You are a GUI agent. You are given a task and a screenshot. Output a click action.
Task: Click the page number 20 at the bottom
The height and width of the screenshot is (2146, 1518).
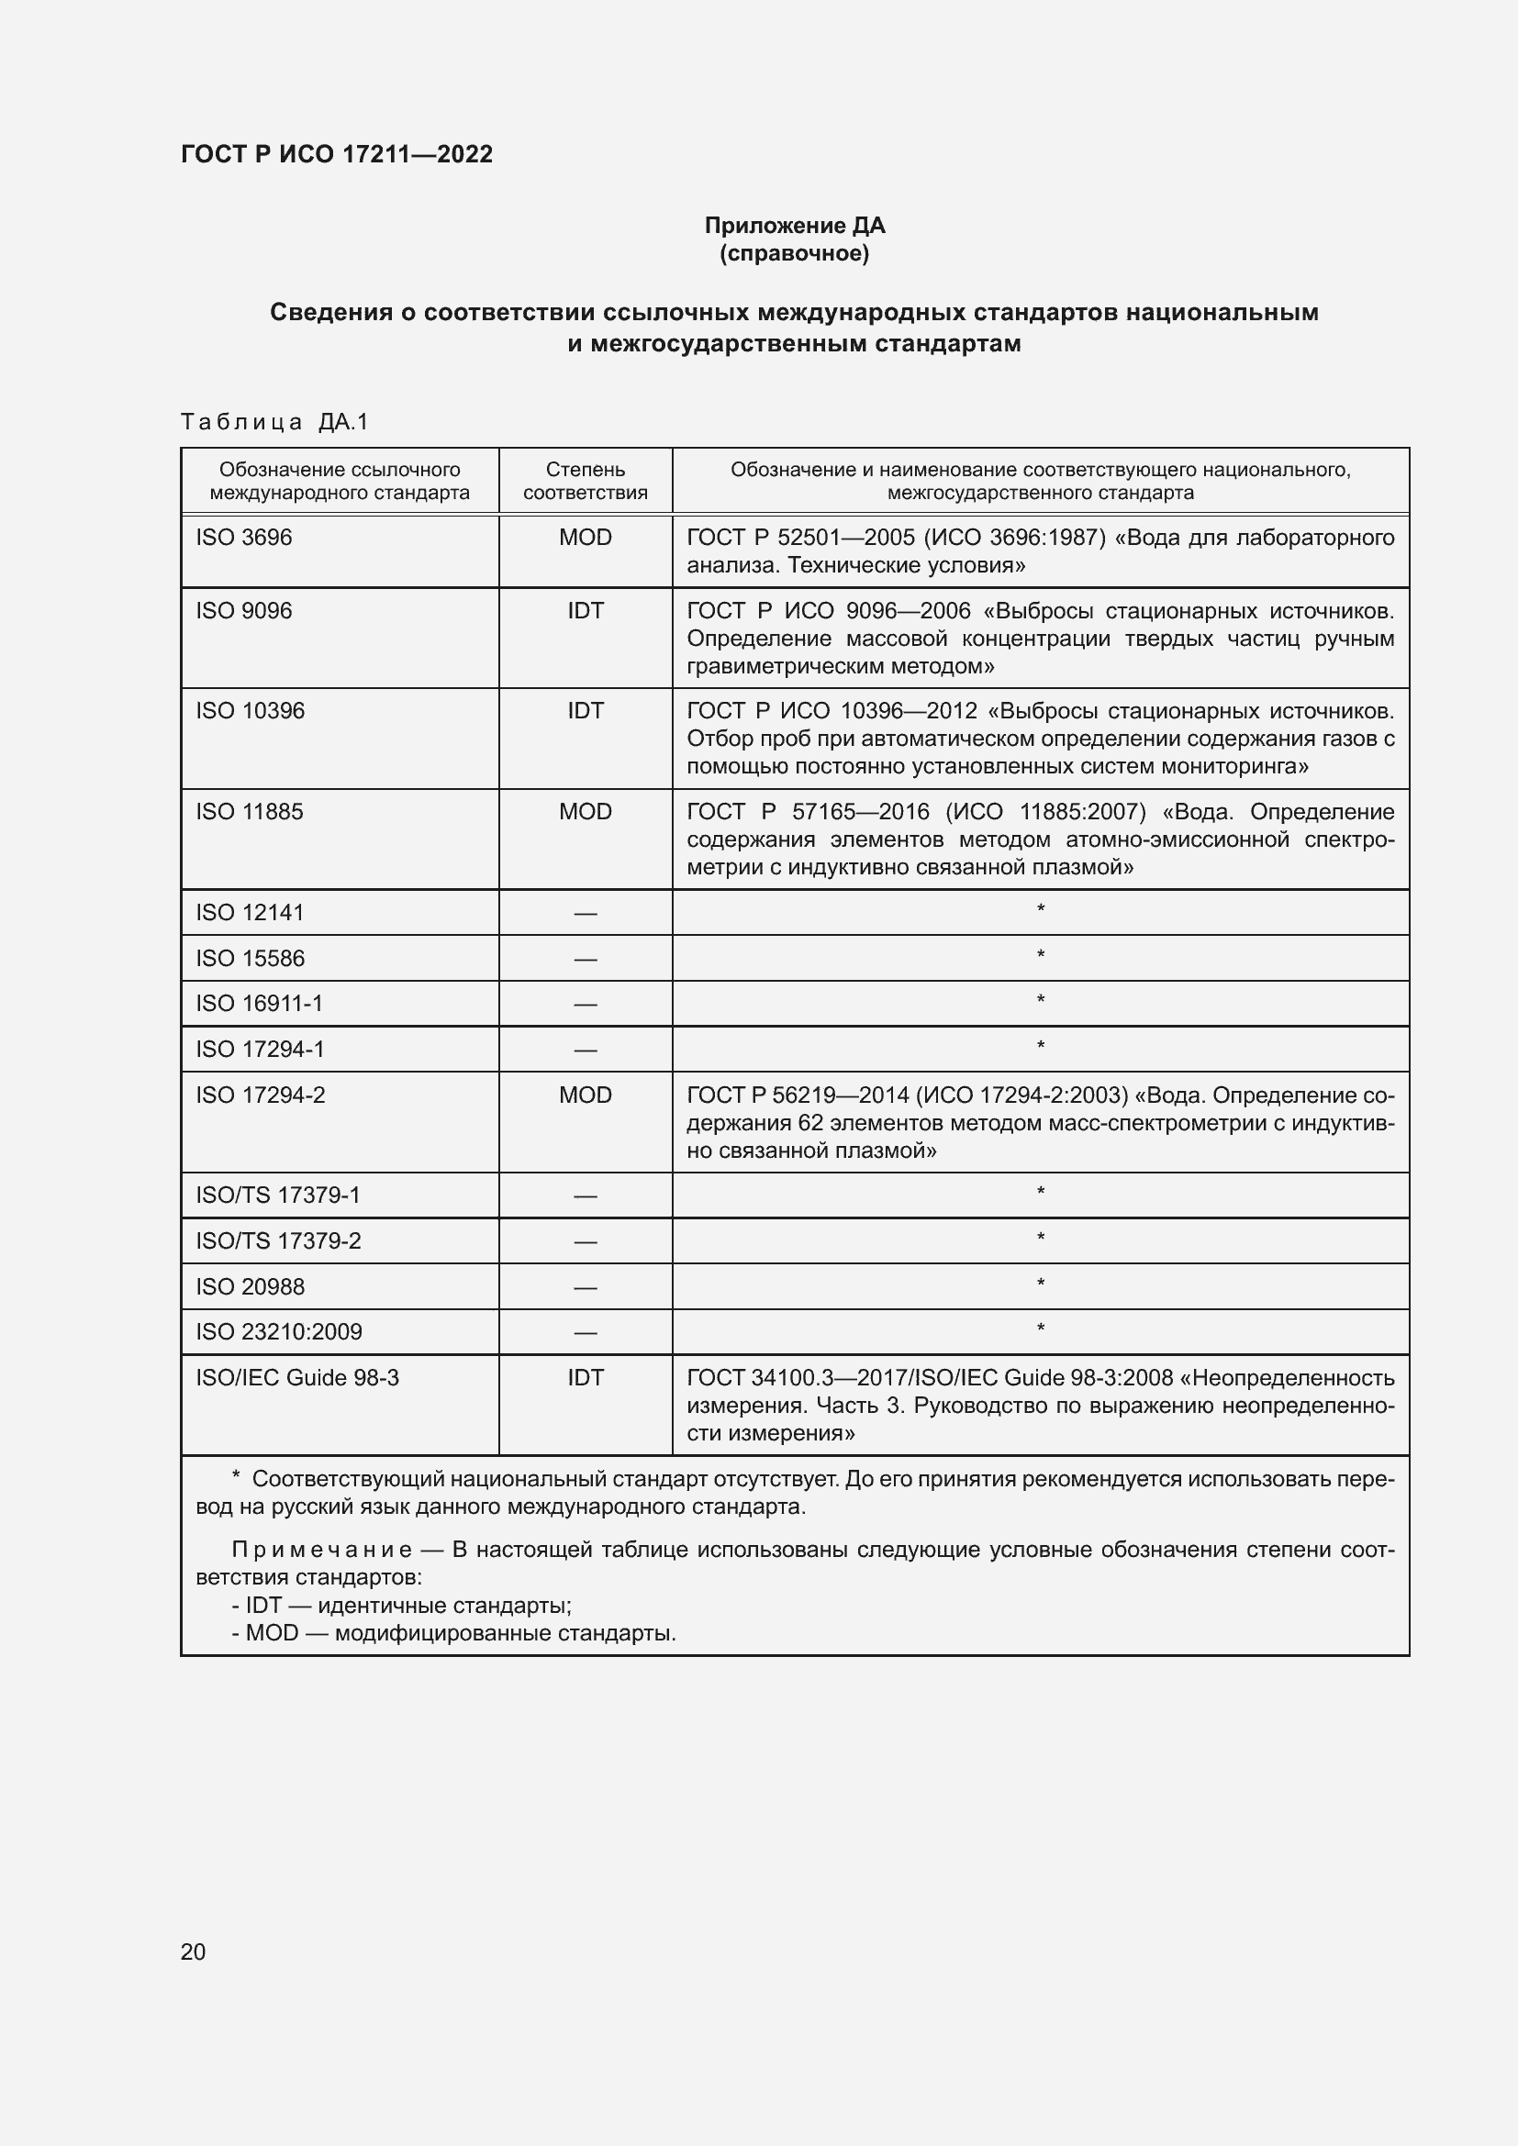coord(193,1951)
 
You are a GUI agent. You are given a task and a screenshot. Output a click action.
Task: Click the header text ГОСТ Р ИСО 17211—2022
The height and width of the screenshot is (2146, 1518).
coord(337,155)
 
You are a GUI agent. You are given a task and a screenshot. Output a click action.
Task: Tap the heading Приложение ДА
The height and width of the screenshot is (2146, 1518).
coord(795,226)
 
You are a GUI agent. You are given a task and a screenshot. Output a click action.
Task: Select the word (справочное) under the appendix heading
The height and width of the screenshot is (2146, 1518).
coord(795,254)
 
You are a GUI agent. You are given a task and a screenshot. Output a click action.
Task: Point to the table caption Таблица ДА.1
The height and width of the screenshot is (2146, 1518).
coord(274,422)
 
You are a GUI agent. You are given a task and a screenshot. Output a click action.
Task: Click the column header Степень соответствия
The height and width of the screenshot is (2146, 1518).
coord(586,482)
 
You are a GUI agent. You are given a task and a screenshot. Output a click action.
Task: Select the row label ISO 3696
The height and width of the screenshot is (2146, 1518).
coord(244,538)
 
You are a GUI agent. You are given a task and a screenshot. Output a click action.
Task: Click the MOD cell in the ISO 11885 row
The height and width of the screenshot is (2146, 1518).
coord(586,811)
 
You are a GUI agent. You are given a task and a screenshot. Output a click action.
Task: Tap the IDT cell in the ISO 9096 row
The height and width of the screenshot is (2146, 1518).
coord(586,610)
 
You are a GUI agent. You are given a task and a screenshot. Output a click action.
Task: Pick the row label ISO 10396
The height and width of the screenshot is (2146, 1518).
coord(251,710)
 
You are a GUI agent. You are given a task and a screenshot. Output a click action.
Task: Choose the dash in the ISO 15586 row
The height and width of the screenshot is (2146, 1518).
coord(586,959)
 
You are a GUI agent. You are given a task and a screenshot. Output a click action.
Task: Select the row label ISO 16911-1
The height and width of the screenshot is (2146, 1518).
coord(259,1004)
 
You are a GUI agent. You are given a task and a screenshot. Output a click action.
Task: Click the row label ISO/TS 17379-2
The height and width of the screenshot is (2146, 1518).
coord(279,1241)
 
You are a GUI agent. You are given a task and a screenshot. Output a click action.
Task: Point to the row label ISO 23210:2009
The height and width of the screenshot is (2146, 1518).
coord(279,1332)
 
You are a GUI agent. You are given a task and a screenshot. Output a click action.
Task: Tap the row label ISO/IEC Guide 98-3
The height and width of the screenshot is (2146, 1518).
coord(297,1378)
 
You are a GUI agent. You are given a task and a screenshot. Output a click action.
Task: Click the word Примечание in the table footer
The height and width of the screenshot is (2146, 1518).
coord(321,1551)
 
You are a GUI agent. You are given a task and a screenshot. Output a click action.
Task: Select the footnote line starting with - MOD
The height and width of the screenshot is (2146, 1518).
coord(453,1633)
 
